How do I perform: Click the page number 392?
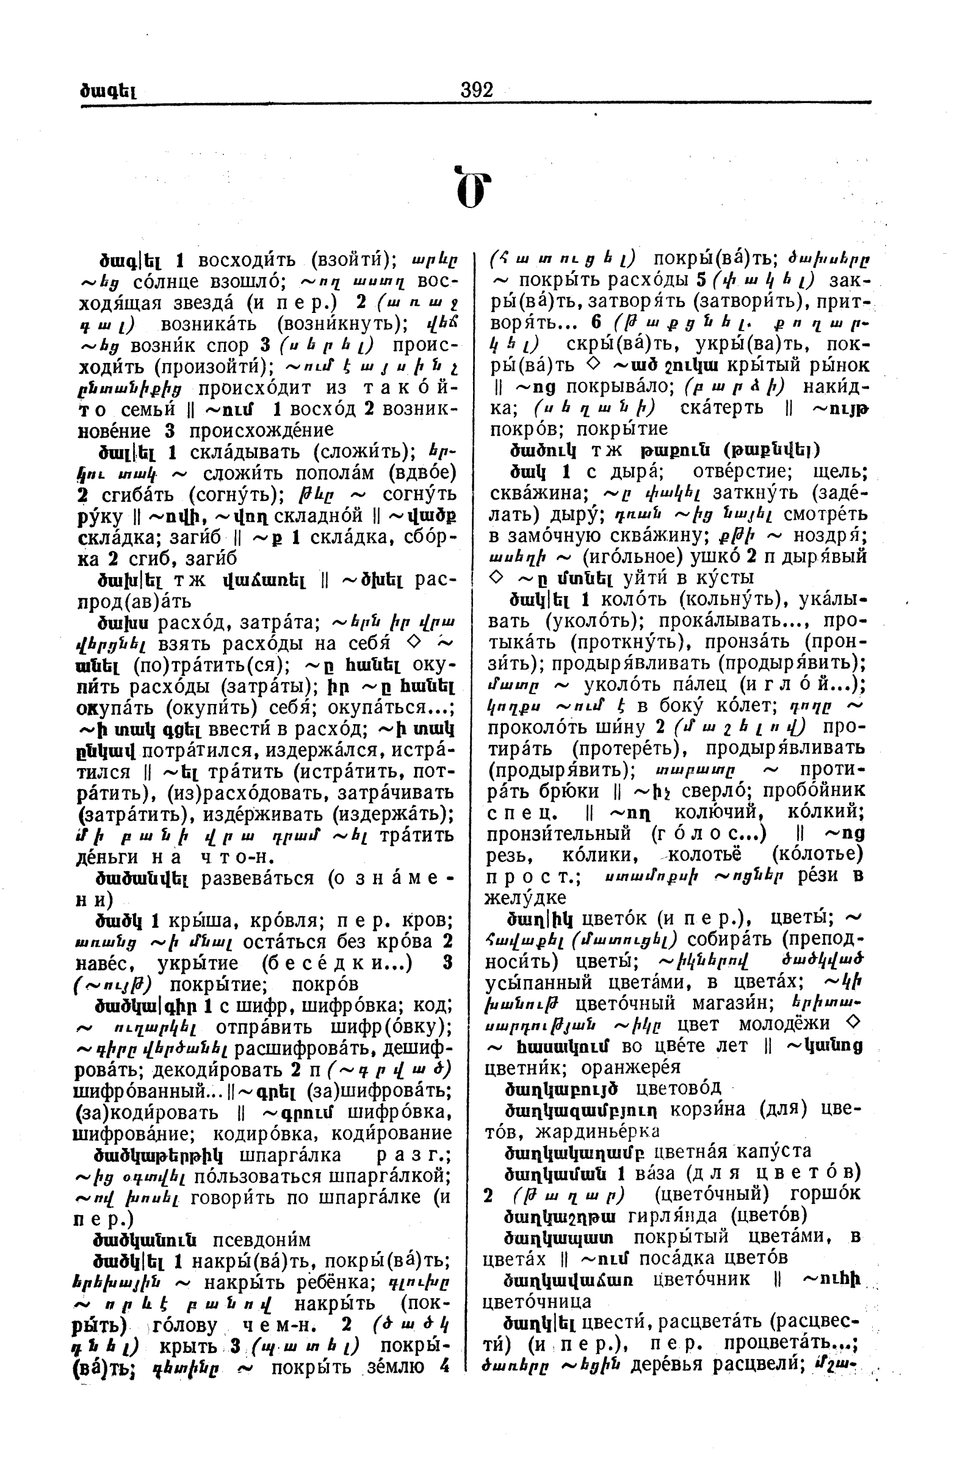476,90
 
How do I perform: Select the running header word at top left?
107,91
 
